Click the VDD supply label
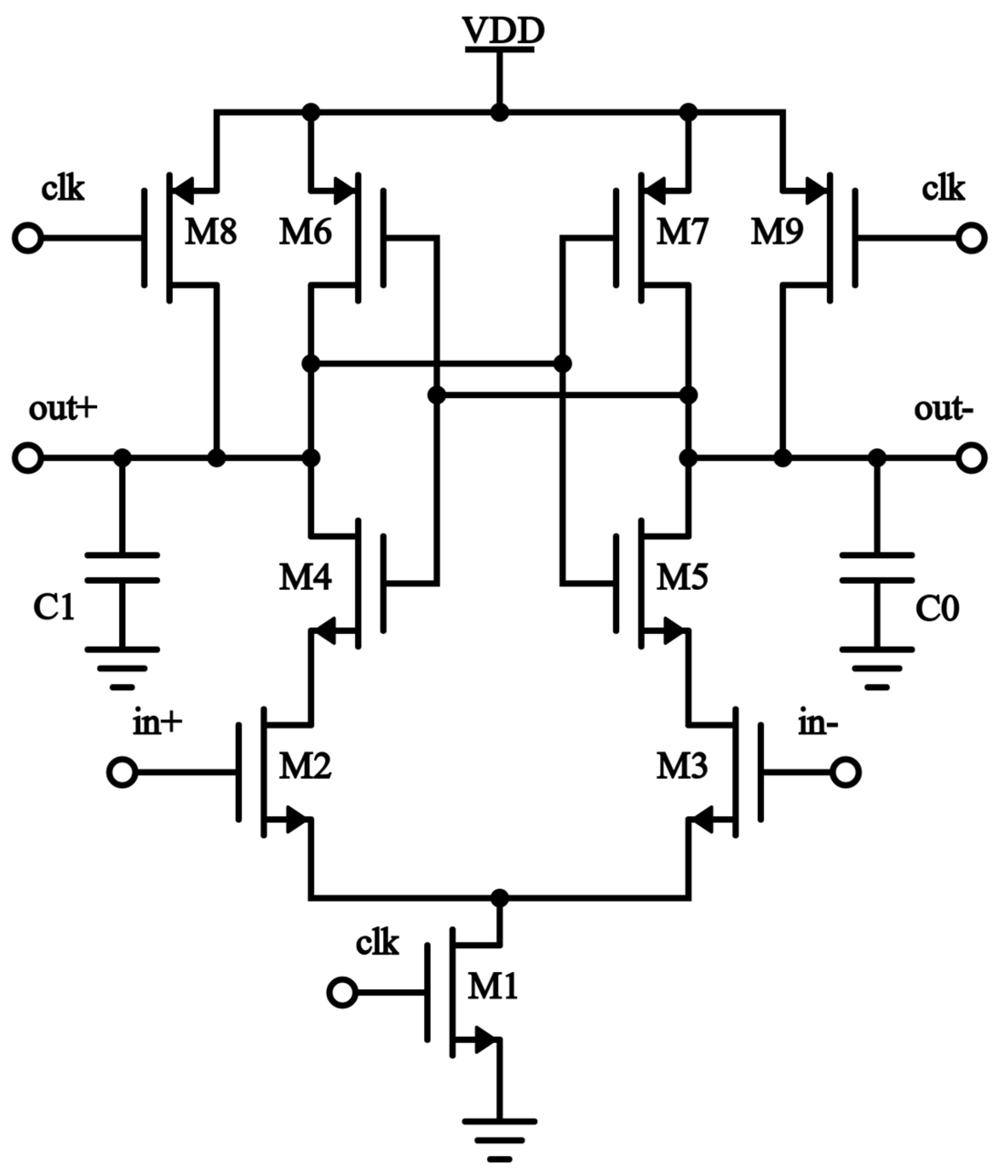500,32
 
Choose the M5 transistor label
681,577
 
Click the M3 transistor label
681,767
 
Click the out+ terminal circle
27,457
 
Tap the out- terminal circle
971,457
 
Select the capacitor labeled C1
122,568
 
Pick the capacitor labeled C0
877,568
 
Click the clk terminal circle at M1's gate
342,992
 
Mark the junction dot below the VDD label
499,112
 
